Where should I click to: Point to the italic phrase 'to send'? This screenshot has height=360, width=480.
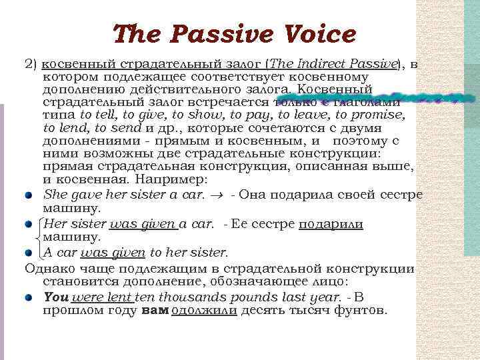118,128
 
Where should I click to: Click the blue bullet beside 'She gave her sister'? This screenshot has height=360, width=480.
29,195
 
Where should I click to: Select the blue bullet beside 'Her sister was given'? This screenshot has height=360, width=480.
29,225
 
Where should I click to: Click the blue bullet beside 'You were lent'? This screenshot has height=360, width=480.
29,298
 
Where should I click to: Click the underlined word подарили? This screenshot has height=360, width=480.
331,225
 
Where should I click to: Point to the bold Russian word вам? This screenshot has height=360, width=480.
155,311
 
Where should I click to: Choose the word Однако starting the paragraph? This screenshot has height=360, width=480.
49,269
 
